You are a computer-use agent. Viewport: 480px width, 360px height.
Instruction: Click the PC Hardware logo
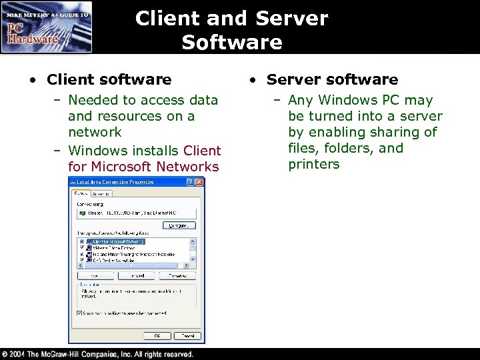point(46,27)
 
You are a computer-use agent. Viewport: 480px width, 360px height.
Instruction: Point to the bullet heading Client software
point(109,80)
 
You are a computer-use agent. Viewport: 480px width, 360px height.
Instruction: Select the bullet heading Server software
point(332,80)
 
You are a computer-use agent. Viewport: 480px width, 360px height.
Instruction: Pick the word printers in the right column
point(314,164)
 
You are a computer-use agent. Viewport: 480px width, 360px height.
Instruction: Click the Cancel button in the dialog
point(189,336)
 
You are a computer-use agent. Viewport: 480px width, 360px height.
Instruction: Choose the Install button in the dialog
point(137,275)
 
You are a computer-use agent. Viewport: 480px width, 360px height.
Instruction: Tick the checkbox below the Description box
point(79,313)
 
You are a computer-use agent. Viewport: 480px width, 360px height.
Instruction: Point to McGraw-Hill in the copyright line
point(71,354)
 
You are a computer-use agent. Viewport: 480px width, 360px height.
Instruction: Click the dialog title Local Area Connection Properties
point(115,182)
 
